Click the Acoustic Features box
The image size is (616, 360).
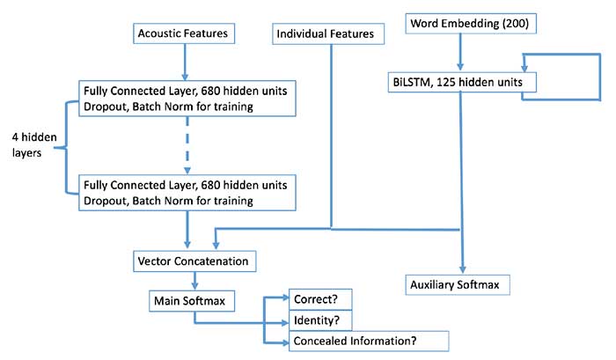tap(183, 33)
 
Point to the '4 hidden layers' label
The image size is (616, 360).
tap(33, 145)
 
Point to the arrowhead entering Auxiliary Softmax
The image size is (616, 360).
tap(460, 269)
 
